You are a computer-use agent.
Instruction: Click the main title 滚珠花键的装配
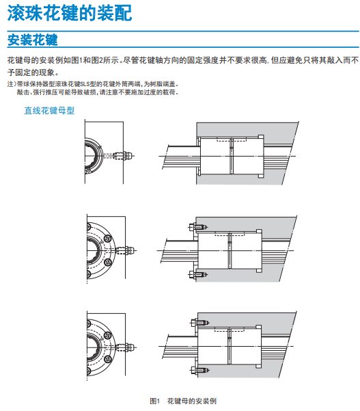(x=70, y=13)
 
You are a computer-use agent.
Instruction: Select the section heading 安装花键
(x=33, y=40)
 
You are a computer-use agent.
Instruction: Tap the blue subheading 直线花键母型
(x=49, y=110)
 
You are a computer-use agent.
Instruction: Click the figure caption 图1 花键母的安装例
(x=183, y=401)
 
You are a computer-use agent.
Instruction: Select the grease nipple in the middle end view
(x=126, y=250)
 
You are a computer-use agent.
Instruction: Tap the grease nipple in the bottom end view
(x=126, y=347)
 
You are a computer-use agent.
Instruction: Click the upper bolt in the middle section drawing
(x=198, y=226)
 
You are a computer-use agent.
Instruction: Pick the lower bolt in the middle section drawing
(x=198, y=274)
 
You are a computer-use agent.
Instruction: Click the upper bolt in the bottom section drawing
(x=199, y=322)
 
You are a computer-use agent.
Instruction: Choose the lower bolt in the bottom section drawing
(x=199, y=370)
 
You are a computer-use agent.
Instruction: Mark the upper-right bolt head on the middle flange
(x=107, y=238)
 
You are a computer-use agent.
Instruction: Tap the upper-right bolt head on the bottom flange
(x=108, y=335)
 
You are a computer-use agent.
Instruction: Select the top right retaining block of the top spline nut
(x=261, y=137)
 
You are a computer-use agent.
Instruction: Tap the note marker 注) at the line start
(x=12, y=84)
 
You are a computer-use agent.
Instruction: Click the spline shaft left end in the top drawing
(x=166, y=157)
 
